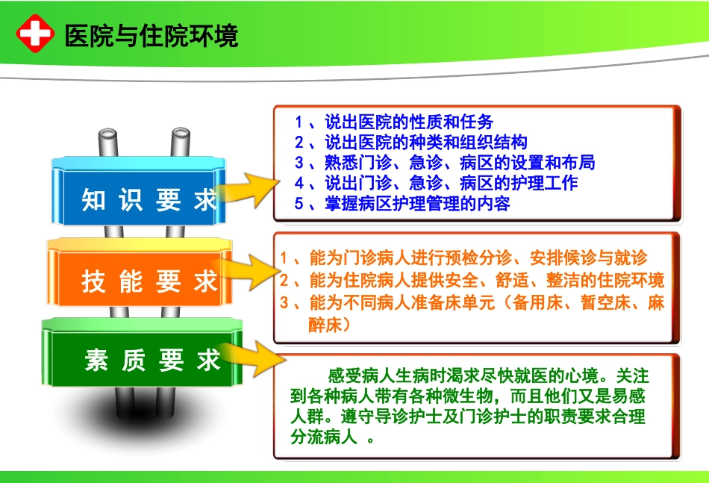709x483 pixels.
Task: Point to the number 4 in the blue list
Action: tap(299, 183)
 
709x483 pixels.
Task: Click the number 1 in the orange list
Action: tap(284, 259)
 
